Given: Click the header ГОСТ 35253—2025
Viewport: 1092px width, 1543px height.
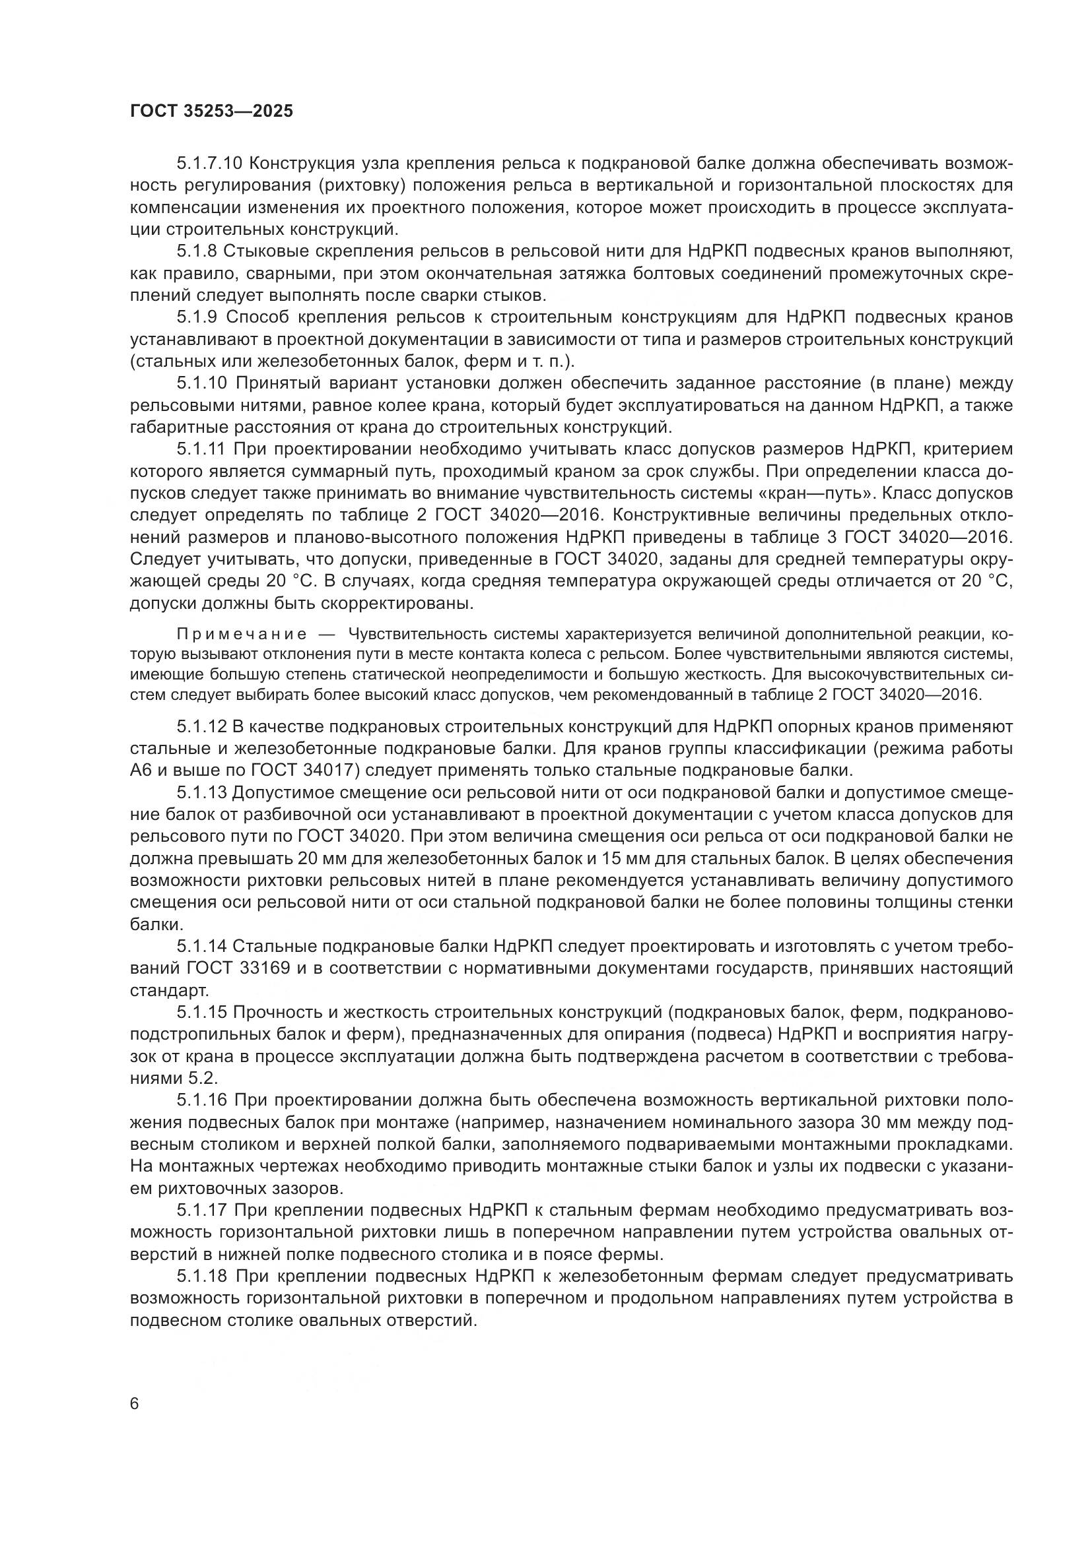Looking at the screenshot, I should point(212,111).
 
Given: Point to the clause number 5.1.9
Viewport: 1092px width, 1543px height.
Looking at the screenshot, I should point(196,317).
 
